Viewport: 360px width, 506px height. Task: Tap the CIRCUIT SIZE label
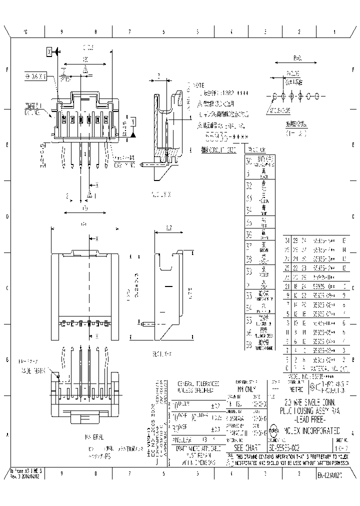pyautogui.click(x=219, y=149)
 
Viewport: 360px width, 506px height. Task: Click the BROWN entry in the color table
pyautogui.click(x=264, y=248)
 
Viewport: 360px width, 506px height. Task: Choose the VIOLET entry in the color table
pyautogui.click(x=264, y=274)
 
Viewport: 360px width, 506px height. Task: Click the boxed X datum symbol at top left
pyautogui.click(x=49, y=51)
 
